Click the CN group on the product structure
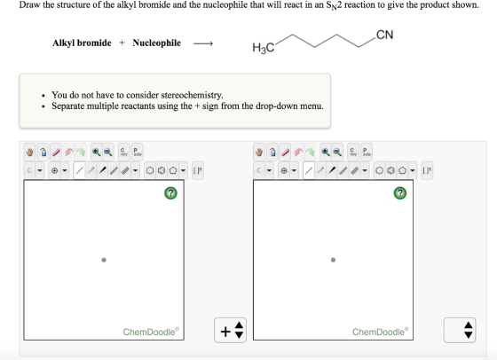click(385, 35)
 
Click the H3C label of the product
click(263, 48)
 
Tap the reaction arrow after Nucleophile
click(203, 43)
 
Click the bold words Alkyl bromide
click(82, 43)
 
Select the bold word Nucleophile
click(156, 43)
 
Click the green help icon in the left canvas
click(170, 192)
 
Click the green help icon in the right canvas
click(400, 192)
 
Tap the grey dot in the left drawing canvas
click(104, 260)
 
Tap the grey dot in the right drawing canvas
click(333, 260)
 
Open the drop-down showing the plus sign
click(230, 330)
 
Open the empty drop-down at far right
click(460, 330)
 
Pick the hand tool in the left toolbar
click(30, 153)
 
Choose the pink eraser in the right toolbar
click(285, 153)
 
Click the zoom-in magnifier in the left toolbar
click(96, 153)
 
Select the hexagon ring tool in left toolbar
click(150, 170)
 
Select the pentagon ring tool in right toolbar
click(402, 170)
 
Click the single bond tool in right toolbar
click(309, 170)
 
